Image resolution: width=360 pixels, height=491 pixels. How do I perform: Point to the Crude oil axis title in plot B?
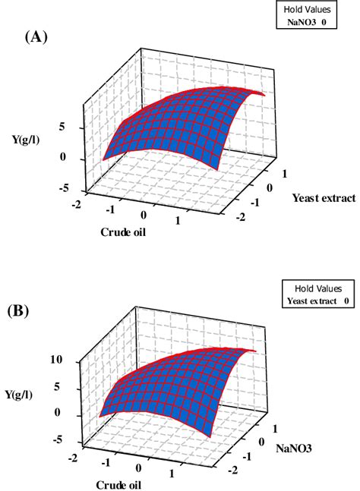(x=120, y=483)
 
